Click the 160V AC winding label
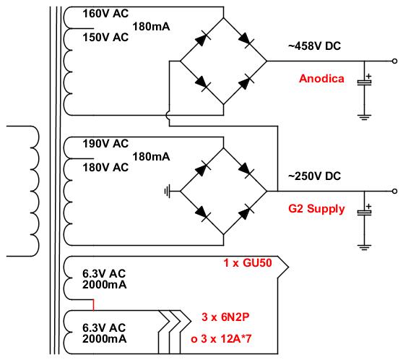click(x=105, y=14)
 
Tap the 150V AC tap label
click(x=105, y=38)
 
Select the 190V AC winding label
click(x=105, y=144)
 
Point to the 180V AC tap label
click(x=105, y=168)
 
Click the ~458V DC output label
click(x=314, y=46)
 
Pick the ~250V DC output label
click(x=314, y=176)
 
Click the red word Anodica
click(x=321, y=79)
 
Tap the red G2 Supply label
click(x=316, y=209)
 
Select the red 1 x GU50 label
click(x=248, y=262)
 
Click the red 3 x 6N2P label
click(x=225, y=317)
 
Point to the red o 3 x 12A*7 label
click(x=221, y=338)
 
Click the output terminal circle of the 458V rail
click(x=394, y=61)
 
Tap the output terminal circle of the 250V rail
click(x=394, y=191)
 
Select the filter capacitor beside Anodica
click(x=364, y=82)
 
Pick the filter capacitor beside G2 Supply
click(x=364, y=213)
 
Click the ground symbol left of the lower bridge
click(x=168, y=191)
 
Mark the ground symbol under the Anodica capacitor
click(x=364, y=117)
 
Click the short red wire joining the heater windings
click(x=94, y=305)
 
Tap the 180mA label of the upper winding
click(x=151, y=27)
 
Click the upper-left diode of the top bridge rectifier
click(x=203, y=39)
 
